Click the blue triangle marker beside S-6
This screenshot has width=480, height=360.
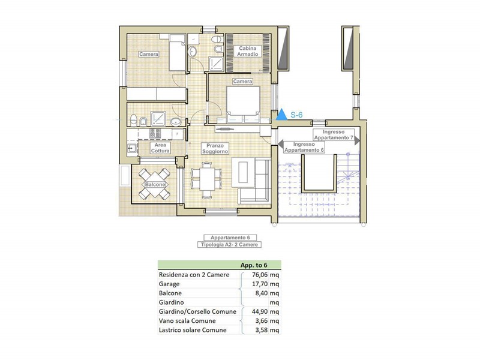pyautogui.click(x=281, y=115)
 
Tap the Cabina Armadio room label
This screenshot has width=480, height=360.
pyautogui.click(x=248, y=51)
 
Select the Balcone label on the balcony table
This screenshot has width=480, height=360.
pyautogui.click(x=155, y=185)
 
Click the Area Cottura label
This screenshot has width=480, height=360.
pyautogui.click(x=160, y=148)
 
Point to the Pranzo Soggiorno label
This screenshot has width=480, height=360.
pyautogui.click(x=215, y=148)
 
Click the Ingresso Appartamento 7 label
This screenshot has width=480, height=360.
pyautogui.click(x=334, y=134)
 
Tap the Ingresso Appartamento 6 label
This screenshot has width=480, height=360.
pyautogui.click(x=304, y=147)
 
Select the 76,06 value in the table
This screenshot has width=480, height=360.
pyautogui.click(x=260, y=275)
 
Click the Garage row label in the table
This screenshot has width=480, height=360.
pyautogui.click(x=169, y=284)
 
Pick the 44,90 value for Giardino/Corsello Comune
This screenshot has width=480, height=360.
pyautogui.click(x=260, y=311)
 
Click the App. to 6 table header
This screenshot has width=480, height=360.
pyautogui.click(x=254, y=265)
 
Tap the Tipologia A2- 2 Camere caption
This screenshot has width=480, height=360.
pyautogui.click(x=229, y=245)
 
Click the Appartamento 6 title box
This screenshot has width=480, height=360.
pyautogui.click(x=230, y=238)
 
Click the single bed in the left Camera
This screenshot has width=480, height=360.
pyautogui.click(x=178, y=52)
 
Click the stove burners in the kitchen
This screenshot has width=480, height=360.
pyautogui.click(x=155, y=133)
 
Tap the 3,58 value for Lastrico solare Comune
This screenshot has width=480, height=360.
pyautogui.click(x=261, y=330)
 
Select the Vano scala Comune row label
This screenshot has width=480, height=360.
pyautogui.click(x=187, y=321)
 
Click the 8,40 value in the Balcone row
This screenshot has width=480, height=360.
pyautogui.click(x=261, y=293)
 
